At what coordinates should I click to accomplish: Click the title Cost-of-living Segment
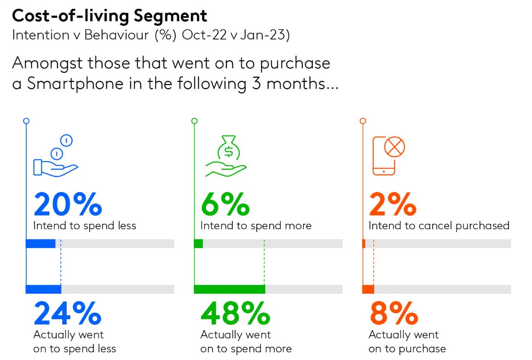click(x=110, y=16)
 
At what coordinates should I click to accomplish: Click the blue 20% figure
click(x=67, y=205)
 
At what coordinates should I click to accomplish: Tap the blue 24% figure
click(x=67, y=313)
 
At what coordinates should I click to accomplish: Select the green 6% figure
click(x=225, y=205)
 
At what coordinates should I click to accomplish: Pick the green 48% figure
click(x=235, y=313)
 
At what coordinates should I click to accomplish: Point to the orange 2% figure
click(x=393, y=205)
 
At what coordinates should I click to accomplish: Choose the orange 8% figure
click(x=393, y=313)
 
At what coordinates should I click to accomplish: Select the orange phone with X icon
click(x=388, y=155)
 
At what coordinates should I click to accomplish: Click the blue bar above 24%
click(x=43, y=289)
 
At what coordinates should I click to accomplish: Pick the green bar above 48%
click(x=229, y=289)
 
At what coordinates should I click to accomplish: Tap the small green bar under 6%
click(x=198, y=244)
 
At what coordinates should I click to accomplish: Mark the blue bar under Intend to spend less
click(x=40, y=244)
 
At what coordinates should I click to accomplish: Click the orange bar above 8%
click(x=368, y=289)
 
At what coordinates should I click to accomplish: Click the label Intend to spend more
click(x=255, y=226)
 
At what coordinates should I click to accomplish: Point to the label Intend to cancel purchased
click(x=439, y=226)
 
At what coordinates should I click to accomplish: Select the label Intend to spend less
click(x=85, y=226)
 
